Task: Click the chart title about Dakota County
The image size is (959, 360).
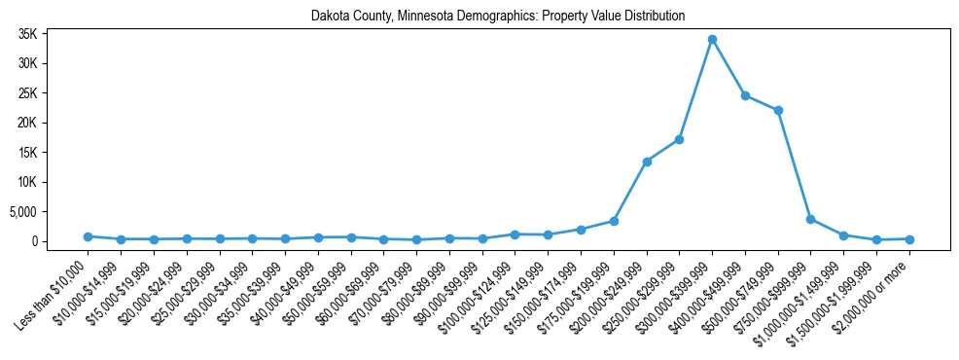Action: coord(498,16)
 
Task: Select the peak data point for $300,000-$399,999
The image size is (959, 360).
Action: coord(712,39)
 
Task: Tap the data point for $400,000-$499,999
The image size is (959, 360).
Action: coord(745,95)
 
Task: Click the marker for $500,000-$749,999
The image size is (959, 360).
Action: coord(778,110)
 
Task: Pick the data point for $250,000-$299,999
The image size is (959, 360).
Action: coord(679,139)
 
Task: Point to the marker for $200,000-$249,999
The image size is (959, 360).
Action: coord(647,162)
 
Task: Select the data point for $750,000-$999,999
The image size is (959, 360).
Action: coord(810,219)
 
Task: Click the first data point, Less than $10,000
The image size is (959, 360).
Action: coord(88,236)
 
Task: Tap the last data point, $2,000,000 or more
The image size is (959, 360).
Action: coord(909,239)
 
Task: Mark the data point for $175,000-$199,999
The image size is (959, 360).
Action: coord(614,221)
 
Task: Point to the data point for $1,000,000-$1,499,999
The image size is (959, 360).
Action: coord(843,235)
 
